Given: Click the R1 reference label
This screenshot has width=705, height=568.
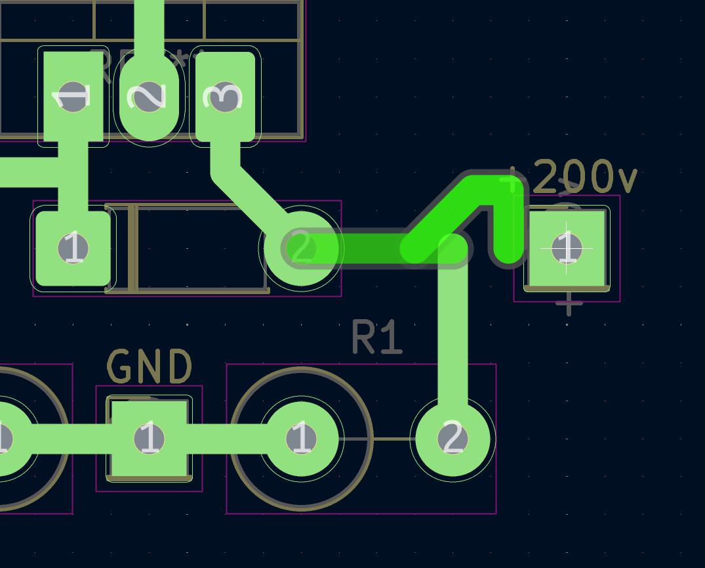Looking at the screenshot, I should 376,338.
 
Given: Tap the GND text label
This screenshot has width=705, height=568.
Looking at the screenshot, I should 150,366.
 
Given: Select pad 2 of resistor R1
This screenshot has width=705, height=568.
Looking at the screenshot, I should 453,438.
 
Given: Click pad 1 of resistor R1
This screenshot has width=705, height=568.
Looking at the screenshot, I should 301,438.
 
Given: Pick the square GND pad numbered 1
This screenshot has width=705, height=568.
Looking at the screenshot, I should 150,438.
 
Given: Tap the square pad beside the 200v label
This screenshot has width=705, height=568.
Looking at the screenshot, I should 567,249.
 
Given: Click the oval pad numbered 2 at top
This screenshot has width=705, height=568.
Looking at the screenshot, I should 149,97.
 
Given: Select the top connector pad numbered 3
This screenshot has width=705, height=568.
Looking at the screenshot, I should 225,97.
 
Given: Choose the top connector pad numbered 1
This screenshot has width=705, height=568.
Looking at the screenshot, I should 73,97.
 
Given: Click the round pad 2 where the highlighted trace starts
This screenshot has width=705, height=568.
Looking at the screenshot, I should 301,249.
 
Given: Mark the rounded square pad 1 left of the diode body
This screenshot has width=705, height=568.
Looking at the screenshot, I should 73,249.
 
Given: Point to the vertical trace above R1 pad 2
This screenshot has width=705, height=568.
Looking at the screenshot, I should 453,328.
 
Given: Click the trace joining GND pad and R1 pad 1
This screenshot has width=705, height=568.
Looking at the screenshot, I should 226,438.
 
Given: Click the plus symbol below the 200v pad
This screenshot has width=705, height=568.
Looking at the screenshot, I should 569,306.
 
